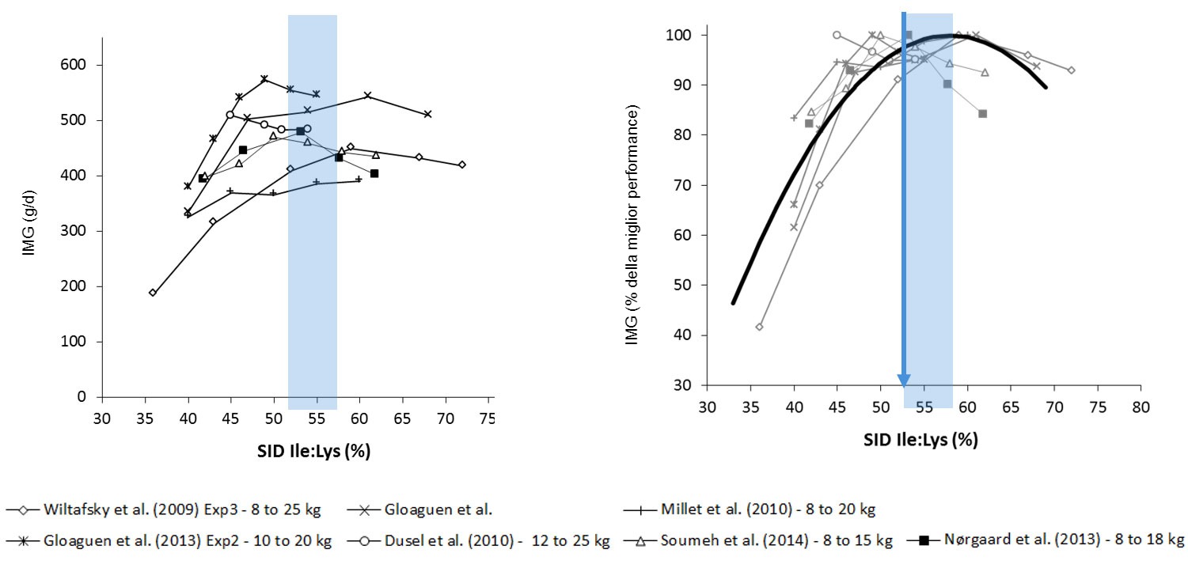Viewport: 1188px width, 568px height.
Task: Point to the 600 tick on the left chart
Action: tap(76, 65)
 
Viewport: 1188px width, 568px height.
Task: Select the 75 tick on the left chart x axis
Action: tap(488, 418)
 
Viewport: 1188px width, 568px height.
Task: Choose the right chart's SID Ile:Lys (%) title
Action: tap(920, 440)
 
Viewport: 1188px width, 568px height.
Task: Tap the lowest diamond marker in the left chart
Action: tap(153, 293)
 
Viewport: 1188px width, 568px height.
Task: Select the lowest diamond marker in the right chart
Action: tap(760, 327)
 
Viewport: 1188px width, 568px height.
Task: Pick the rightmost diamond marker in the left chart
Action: tap(462, 165)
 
